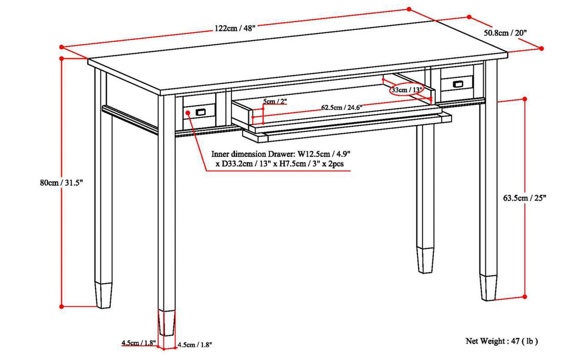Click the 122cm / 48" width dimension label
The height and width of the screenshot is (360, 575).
point(235,29)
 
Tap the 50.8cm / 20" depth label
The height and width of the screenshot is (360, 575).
point(505,33)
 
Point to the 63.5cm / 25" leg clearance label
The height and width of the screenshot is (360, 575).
point(524,198)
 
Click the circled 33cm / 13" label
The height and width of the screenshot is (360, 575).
point(407,90)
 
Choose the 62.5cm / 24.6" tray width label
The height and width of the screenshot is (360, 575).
point(342,108)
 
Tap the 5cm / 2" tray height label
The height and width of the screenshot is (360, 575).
point(275,102)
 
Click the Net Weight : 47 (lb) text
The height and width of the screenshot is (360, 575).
point(501,341)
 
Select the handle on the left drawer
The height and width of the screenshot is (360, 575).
point(200,112)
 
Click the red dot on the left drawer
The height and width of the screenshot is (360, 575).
point(188,112)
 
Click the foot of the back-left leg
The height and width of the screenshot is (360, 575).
point(104,295)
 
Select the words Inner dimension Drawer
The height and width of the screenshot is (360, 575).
point(252,154)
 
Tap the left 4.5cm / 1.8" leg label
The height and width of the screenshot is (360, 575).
point(139,343)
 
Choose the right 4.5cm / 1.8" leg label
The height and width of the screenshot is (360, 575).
point(194,345)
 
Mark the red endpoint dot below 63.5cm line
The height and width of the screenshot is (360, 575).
point(524,297)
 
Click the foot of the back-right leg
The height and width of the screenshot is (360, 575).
point(426,261)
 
